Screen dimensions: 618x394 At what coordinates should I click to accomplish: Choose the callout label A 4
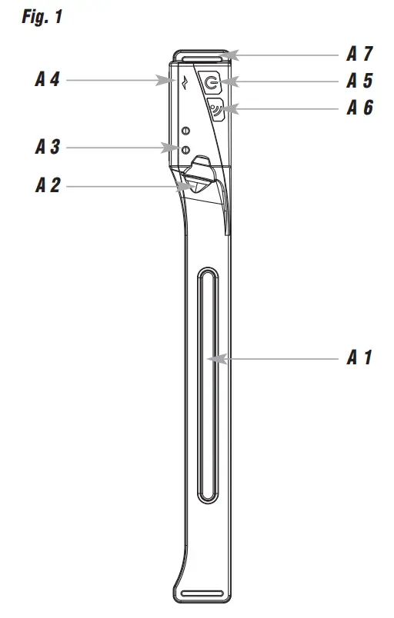[x=48, y=79]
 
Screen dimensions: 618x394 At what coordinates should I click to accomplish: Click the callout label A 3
[x=48, y=146]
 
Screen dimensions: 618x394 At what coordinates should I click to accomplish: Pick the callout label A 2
[x=48, y=184]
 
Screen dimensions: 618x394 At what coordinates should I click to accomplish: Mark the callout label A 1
[x=359, y=357]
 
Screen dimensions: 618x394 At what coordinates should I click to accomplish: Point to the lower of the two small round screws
[x=185, y=148]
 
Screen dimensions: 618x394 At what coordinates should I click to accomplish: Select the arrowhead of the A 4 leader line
[x=165, y=79]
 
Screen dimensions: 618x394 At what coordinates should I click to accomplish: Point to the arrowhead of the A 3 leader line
[x=167, y=146]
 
